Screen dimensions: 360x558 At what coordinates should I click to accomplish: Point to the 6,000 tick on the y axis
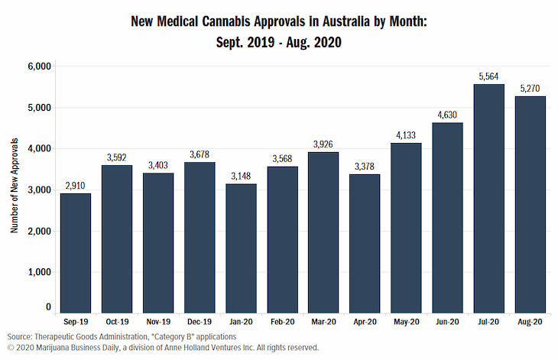point(38,66)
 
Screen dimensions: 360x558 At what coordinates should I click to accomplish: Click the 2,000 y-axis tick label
point(38,231)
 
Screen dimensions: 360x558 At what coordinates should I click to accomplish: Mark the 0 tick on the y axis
point(47,307)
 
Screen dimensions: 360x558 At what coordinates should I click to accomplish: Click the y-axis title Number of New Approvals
point(14,186)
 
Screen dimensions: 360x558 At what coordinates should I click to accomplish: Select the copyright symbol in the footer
point(10,347)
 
